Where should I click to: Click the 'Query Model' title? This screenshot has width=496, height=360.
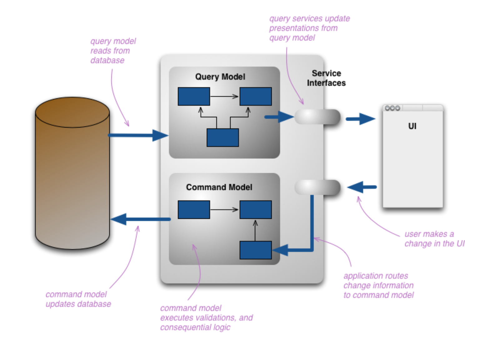point(220,77)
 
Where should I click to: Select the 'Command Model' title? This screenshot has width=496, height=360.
point(219,187)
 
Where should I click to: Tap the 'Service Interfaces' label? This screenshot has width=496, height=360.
point(326,78)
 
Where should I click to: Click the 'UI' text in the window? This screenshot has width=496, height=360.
point(412,126)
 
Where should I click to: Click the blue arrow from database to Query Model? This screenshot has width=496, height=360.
point(137,135)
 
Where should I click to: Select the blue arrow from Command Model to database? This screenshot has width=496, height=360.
point(141,219)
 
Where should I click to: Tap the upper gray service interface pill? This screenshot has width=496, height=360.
point(317,117)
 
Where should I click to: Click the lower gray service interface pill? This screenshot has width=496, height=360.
point(317,187)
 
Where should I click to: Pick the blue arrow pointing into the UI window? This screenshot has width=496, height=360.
point(360,119)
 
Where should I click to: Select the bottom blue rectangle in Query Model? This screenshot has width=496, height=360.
point(222,137)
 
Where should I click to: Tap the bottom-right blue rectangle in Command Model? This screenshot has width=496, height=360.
point(255,250)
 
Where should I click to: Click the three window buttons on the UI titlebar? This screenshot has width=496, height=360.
point(392,108)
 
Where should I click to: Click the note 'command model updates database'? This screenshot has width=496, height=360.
point(78,299)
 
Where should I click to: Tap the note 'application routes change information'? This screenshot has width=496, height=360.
point(378,285)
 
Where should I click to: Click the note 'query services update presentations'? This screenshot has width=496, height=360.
point(309,28)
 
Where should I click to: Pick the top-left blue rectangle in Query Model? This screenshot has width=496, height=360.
point(194,96)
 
